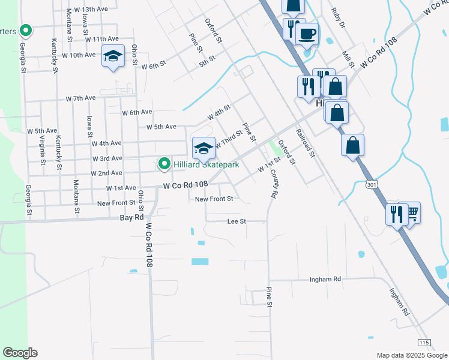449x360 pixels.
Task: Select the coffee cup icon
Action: (x=307, y=34)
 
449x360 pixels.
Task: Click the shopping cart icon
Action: (x=412, y=212)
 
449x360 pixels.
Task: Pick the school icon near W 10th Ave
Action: (x=112, y=56)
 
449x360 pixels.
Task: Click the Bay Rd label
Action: (x=133, y=217)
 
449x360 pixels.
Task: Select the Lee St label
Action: (x=237, y=221)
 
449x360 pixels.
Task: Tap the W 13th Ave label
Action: (x=92, y=10)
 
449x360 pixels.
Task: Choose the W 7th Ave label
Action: (x=80, y=98)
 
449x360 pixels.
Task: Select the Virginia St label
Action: (x=42, y=150)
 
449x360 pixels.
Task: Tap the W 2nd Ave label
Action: (x=106, y=173)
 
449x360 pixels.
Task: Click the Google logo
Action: (x=20, y=352)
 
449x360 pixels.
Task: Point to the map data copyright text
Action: (x=411, y=355)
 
